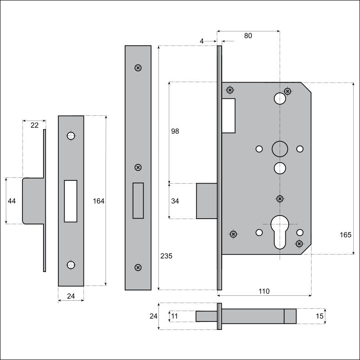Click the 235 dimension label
tap(166, 256)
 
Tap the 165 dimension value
tap(345, 235)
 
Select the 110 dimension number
tap(264, 291)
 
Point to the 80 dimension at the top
tap(248, 35)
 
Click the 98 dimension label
tap(175, 131)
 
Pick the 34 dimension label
tap(175, 201)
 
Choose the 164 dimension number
tap(98, 201)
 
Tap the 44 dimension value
tap(12, 201)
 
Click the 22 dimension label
tap(35, 125)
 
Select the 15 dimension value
tap(319, 316)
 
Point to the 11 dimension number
tap(175, 316)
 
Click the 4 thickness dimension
tap(202, 41)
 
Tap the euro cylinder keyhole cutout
tap(280, 232)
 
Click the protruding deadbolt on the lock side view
tap(206, 201)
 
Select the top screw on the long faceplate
tap(138, 68)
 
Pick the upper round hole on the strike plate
tap(71, 136)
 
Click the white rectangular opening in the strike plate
tap(70, 201)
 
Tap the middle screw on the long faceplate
tap(138, 167)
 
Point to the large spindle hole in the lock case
tap(280, 149)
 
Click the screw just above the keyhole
tap(280, 198)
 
